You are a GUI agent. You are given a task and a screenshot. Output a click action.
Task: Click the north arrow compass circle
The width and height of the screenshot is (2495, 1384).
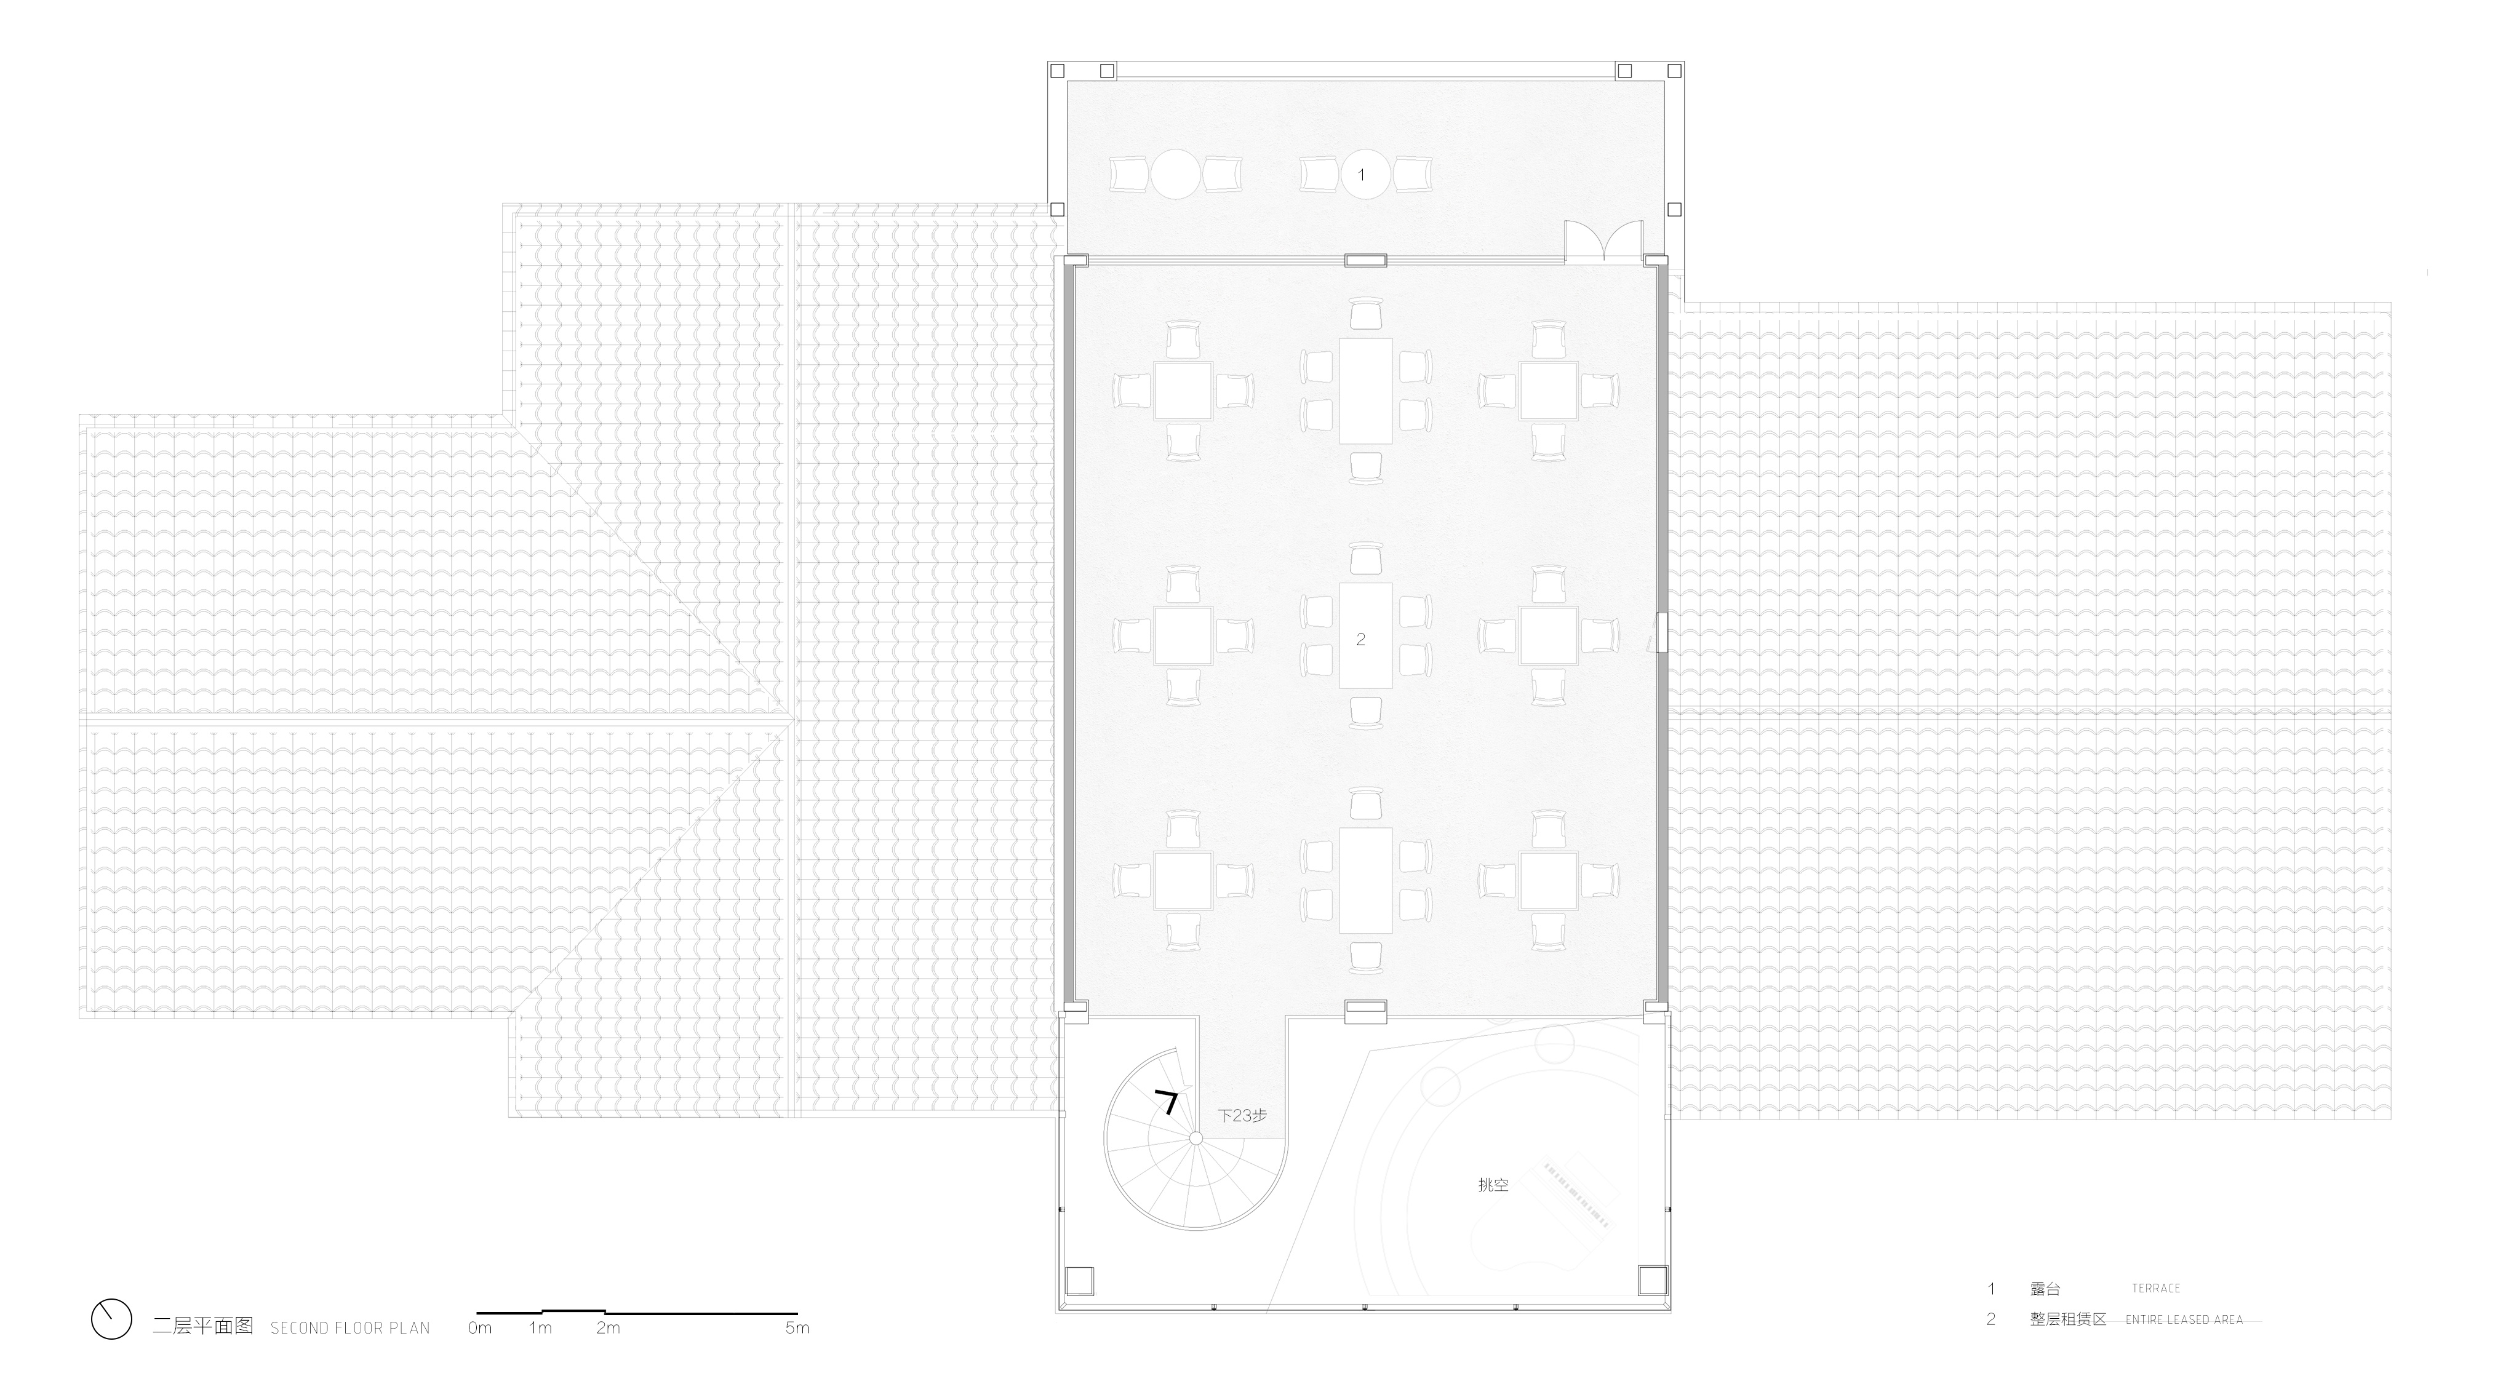tap(111, 1319)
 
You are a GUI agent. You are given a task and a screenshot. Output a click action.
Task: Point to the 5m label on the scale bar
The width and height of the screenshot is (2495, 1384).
tap(797, 1328)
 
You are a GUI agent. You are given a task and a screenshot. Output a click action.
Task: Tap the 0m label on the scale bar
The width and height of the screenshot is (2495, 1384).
tap(479, 1328)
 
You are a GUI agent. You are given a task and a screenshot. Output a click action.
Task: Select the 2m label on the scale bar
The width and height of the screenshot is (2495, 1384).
tap(609, 1328)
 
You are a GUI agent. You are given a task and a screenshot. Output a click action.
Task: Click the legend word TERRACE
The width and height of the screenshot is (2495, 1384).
tap(2156, 1288)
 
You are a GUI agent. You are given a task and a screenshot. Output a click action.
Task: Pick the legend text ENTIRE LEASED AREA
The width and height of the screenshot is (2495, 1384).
tap(2184, 1319)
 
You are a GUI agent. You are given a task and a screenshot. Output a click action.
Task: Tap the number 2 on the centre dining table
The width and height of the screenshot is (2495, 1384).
tap(1361, 639)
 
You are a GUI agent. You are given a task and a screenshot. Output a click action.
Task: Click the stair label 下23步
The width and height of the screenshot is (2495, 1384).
tap(1242, 1116)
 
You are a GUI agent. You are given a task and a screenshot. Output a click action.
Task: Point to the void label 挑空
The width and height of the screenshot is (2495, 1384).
tap(1493, 1185)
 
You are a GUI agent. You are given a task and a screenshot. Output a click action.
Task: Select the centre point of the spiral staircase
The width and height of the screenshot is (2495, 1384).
tap(1196, 1138)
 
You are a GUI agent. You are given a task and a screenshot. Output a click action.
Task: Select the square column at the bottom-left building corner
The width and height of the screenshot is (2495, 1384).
tap(1079, 1281)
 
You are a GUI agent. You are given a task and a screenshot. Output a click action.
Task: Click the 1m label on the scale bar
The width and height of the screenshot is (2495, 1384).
tap(540, 1328)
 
